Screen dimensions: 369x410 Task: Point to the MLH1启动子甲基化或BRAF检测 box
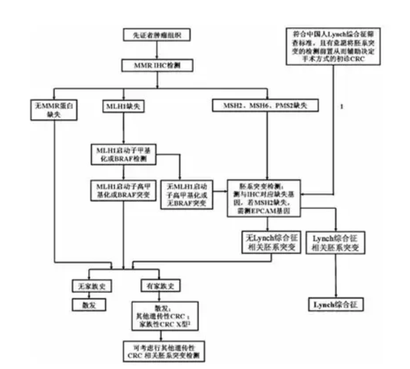point(123,154)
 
